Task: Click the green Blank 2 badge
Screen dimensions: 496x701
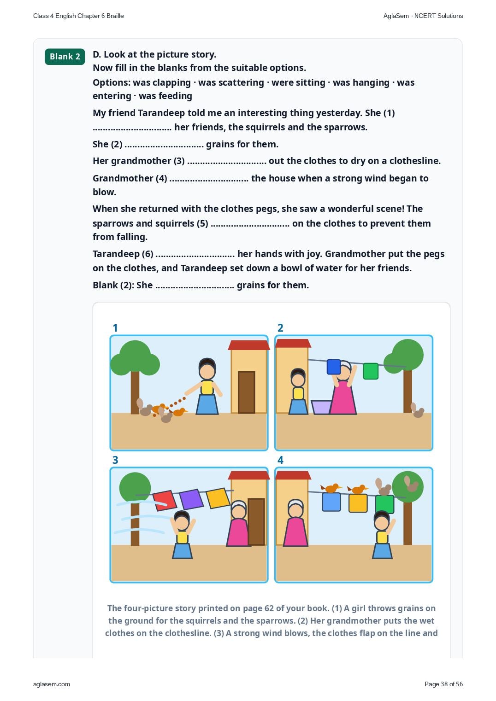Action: coord(65,57)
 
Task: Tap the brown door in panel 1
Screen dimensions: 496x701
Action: coord(246,392)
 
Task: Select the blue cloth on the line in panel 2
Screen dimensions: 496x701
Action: coord(333,367)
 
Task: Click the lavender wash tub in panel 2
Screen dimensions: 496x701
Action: coord(321,407)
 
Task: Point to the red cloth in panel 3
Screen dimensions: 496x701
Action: coord(165,500)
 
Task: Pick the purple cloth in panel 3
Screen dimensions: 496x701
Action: coord(191,499)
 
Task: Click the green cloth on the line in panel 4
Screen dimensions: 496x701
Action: coord(384,504)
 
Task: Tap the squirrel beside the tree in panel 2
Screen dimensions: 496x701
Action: coord(417,410)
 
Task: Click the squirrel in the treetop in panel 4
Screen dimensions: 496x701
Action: coord(411,484)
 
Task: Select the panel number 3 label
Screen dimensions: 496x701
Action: coord(115,460)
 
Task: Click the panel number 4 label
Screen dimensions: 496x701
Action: coord(280,460)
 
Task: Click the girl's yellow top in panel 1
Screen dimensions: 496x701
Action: coord(207,387)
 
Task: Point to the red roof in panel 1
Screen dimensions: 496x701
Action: coord(248,345)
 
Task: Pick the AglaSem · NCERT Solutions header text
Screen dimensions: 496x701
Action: coord(423,16)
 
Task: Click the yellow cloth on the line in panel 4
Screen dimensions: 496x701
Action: coord(358,503)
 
